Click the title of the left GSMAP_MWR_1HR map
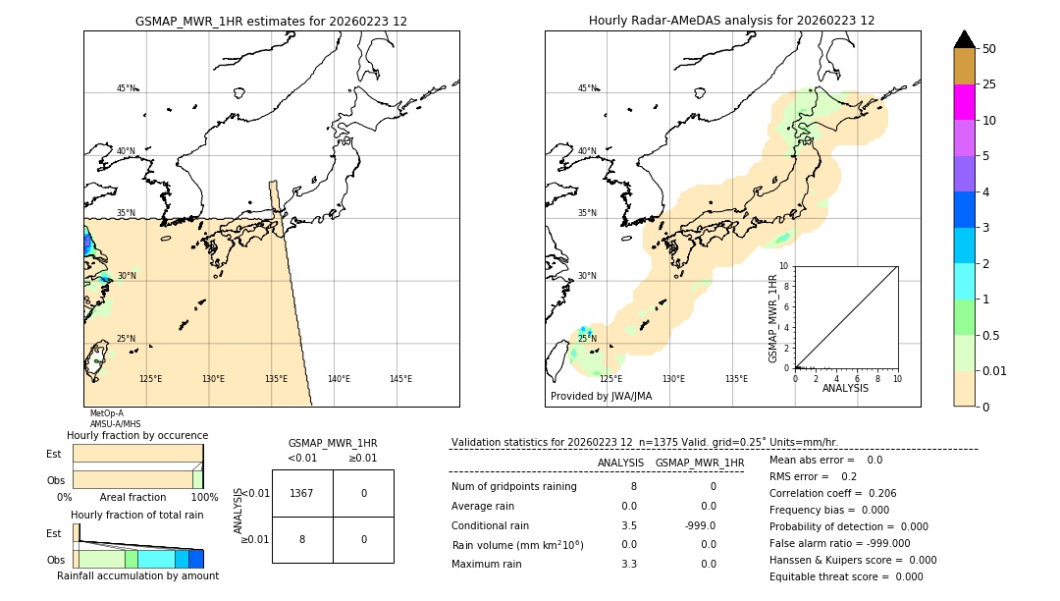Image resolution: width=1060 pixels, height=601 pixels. pyautogui.click(x=271, y=21)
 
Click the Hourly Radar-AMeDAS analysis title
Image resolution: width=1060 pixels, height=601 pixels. pyautogui.click(x=731, y=21)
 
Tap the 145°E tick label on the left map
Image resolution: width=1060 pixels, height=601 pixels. pyautogui.click(x=400, y=379)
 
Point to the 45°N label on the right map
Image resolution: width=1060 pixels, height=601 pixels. pyautogui.click(x=587, y=88)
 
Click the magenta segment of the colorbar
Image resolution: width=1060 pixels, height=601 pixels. pyautogui.click(x=964, y=102)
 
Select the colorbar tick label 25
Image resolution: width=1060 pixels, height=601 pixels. pyautogui.click(x=989, y=84)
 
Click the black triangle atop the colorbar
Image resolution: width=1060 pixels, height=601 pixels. pyautogui.click(x=964, y=39)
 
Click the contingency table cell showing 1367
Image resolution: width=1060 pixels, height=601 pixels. pyautogui.click(x=301, y=493)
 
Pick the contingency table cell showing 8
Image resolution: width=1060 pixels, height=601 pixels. pyautogui.click(x=301, y=539)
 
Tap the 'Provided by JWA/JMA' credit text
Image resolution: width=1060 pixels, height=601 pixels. pyautogui.click(x=601, y=397)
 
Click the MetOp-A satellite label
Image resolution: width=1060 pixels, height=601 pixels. pyautogui.click(x=106, y=413)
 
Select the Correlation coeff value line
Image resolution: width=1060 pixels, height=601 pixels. pyautogui.click(x=832, y=493)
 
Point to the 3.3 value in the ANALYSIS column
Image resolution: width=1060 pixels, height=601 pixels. pyautogui.click(x=629, y=564)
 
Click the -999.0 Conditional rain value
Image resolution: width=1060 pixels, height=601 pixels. pyautogui.click(x=701, y=525)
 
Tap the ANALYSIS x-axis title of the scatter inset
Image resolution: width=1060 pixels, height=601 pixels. pyautogui.click(x=845, y=388)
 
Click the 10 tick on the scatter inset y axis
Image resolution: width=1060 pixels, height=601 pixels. pyautogui.click(x=784, y=265)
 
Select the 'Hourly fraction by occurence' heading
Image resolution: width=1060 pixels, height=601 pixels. pyautogui.click(x=137, y=435)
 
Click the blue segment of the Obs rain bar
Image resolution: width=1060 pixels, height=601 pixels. pyautogui.click(x=196, y=559)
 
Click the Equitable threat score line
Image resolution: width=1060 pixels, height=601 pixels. pyautogui.click(x=847, y=576)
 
